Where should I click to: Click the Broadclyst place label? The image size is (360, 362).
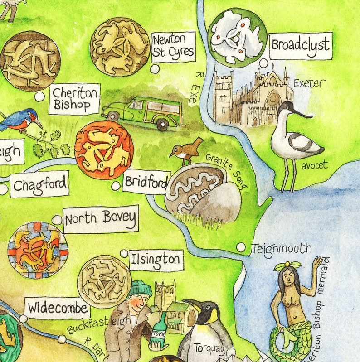click(x=300, y=45)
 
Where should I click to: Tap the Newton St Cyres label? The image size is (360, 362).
click(x=173, y=47)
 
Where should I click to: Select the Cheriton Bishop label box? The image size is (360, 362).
click(x=74, y=98)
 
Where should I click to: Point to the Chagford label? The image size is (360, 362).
click(x=39, y=184)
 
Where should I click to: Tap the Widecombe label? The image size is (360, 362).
click(x=57, y=309)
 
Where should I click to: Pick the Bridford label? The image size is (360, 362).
click(x=146, y=183)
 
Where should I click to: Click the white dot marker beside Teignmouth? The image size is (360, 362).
click(x=241, y=247)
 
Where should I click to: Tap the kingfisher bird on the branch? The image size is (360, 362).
click(x=20, y=119)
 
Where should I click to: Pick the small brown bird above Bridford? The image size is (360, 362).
click(x=187, y=151)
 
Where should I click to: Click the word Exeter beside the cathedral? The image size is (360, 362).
click(x=309, y=83)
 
